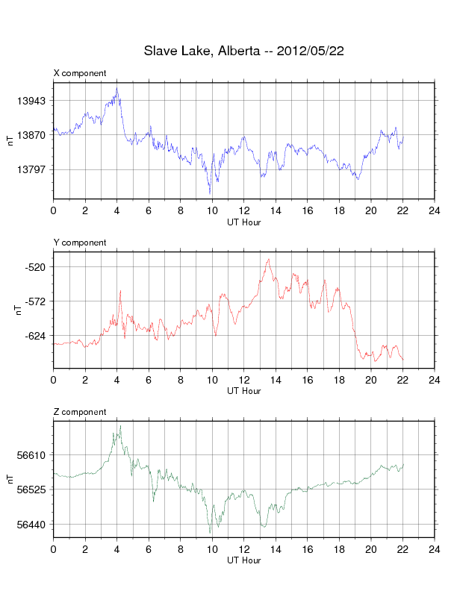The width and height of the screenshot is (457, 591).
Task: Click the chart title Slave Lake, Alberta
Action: (x=243, y=51)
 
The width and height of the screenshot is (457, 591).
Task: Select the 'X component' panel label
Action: (x=80, y=73)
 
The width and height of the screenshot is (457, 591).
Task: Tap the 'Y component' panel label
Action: (x=80, y=243)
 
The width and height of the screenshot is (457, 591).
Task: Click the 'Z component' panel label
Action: (x=80, y=412)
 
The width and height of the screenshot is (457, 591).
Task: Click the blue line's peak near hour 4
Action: (x=117, y=88)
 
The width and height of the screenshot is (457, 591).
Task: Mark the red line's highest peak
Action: (x=268, y=259)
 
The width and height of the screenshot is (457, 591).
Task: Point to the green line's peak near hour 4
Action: (x=119, y=426)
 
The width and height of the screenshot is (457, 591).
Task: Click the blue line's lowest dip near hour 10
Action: (x=210, y=193)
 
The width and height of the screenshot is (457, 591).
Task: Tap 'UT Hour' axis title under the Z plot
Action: (x=243, y=560)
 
